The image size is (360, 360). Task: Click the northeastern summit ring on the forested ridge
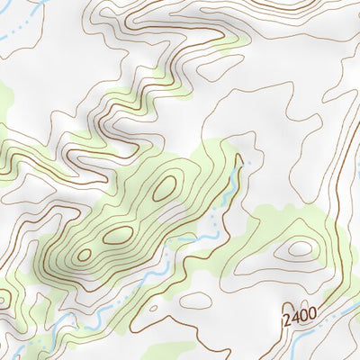(x=164, y=188)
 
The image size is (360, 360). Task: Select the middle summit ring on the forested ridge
(x=117, y=236)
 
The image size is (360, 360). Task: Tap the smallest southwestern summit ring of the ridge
(x=84, y=256)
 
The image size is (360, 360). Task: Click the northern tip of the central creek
(x=240, y=162)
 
